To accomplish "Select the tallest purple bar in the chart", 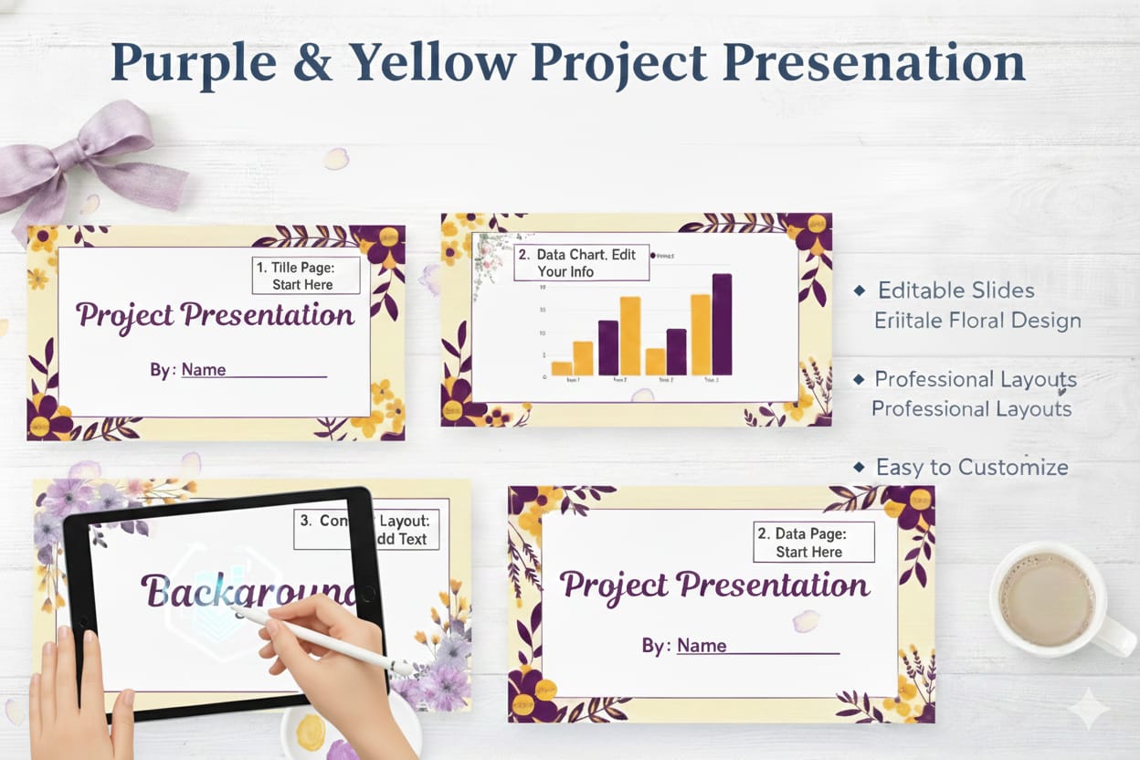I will pos(722,324).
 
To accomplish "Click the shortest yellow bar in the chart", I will pos(562,368).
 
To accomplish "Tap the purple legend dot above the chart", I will pos(652,256).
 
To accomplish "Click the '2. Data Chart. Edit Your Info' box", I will pos(582,262).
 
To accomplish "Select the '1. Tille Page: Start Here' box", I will pos(306,275).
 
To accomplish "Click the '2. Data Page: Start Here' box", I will pos(813,542).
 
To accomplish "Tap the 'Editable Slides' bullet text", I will pos(955,290).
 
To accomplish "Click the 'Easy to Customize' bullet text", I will pos(971,467).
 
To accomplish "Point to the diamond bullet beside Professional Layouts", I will pos(859,378).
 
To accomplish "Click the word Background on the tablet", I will pos(247,591).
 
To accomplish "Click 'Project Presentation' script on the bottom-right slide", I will pos(713,585).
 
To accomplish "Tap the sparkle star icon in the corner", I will pos(1092,708).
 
